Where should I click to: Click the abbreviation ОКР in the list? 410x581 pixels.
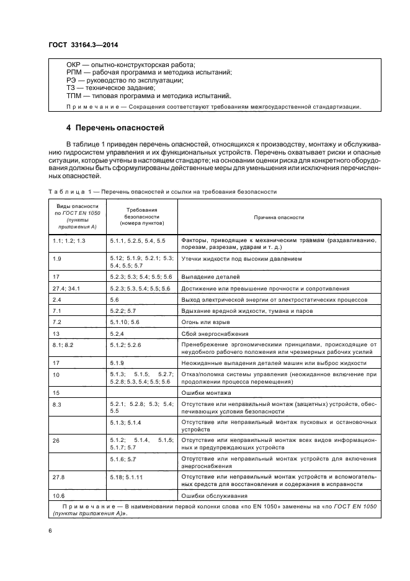[74, 65]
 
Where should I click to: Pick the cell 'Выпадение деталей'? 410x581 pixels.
[210, 276]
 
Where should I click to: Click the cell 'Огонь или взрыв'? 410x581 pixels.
[205, 322]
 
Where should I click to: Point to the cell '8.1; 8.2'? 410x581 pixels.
[63, 345]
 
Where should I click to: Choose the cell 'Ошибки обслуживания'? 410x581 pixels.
[215, 495]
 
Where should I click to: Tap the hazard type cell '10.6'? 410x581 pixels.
[60, 495]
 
